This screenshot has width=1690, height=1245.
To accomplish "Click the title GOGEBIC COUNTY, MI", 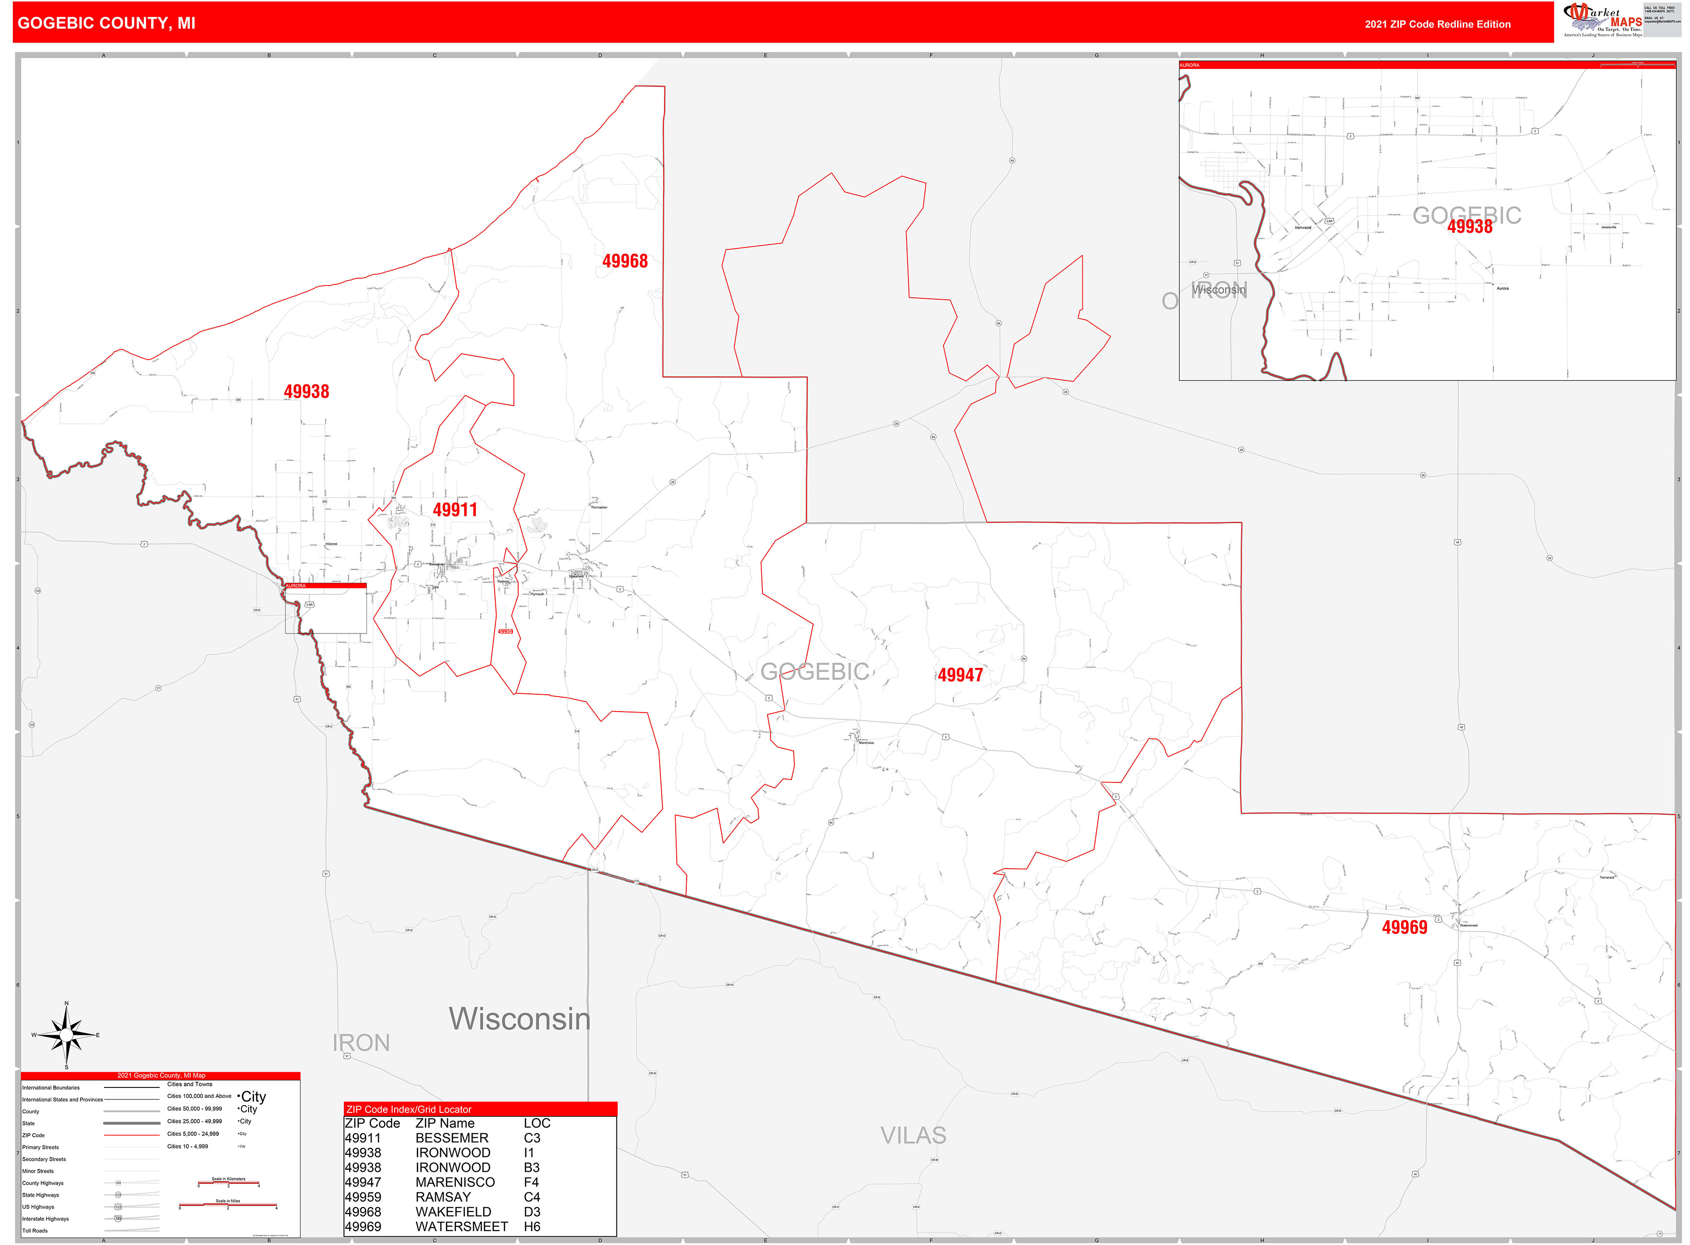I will [106, 23].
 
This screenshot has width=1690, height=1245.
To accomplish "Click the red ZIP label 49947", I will [960, 675].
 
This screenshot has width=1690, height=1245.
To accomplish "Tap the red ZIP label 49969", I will [1404, 928].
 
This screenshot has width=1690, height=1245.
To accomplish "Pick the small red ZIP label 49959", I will [505, 632].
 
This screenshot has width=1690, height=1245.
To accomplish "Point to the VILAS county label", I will [913, 1135].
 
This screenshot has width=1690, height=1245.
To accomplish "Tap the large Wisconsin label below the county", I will [520, 1019].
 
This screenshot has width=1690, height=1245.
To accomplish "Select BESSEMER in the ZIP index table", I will [452, 1138].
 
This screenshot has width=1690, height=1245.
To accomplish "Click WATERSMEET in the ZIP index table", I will [461, 1227].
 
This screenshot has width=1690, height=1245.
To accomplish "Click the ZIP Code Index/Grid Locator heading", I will [408, 1109].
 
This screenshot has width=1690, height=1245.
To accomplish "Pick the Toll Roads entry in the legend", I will [34, 1231].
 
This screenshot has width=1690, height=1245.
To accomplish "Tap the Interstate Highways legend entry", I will [45, 1219].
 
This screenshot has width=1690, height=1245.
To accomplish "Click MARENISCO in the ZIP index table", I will [454, 1182].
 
